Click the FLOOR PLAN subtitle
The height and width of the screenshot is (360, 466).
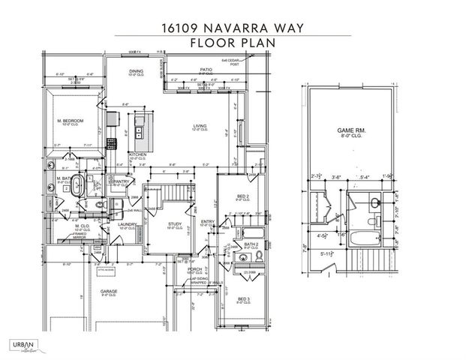(x=233, y=43)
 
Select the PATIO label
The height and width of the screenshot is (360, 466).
(x=206, y=69)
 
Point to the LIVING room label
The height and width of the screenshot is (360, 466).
(x=200, y=126)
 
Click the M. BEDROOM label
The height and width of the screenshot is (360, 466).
(x=70, y=121)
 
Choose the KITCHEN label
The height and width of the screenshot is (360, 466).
(x=137, y=154)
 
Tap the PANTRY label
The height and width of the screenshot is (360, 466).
(x=121, y=181)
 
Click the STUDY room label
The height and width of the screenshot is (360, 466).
(x=175, y=223)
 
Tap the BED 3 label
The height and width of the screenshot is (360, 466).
(x=243, y=298)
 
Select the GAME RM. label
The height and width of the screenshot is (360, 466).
(x=349, y=131)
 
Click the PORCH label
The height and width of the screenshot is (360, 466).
(x=194, y=268)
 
